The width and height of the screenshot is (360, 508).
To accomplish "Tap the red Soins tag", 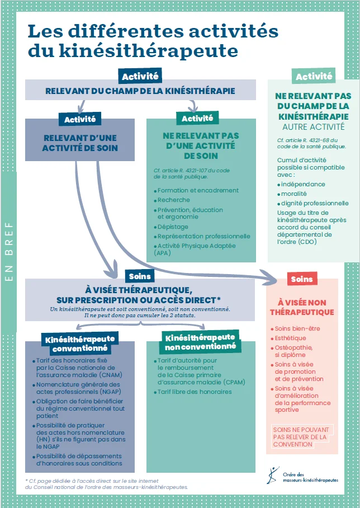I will pos(302,279).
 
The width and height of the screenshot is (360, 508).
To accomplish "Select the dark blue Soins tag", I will pos(140,276).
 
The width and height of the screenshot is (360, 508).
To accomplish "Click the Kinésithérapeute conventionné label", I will pos(80,344).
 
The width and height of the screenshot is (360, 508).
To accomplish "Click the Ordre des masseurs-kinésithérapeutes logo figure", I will pos(273,474).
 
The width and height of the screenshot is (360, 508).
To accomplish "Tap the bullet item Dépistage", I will pos(173,227).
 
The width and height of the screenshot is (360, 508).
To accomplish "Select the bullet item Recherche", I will pos(174,200).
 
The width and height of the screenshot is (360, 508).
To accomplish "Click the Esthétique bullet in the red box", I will pos(290,338).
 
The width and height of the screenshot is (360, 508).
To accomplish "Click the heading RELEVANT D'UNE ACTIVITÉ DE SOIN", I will pos(80,143).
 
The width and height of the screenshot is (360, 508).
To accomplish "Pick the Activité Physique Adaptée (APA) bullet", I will pos(196,249).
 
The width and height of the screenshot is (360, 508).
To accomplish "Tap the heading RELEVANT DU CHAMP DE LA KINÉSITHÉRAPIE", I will pos(140,91).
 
